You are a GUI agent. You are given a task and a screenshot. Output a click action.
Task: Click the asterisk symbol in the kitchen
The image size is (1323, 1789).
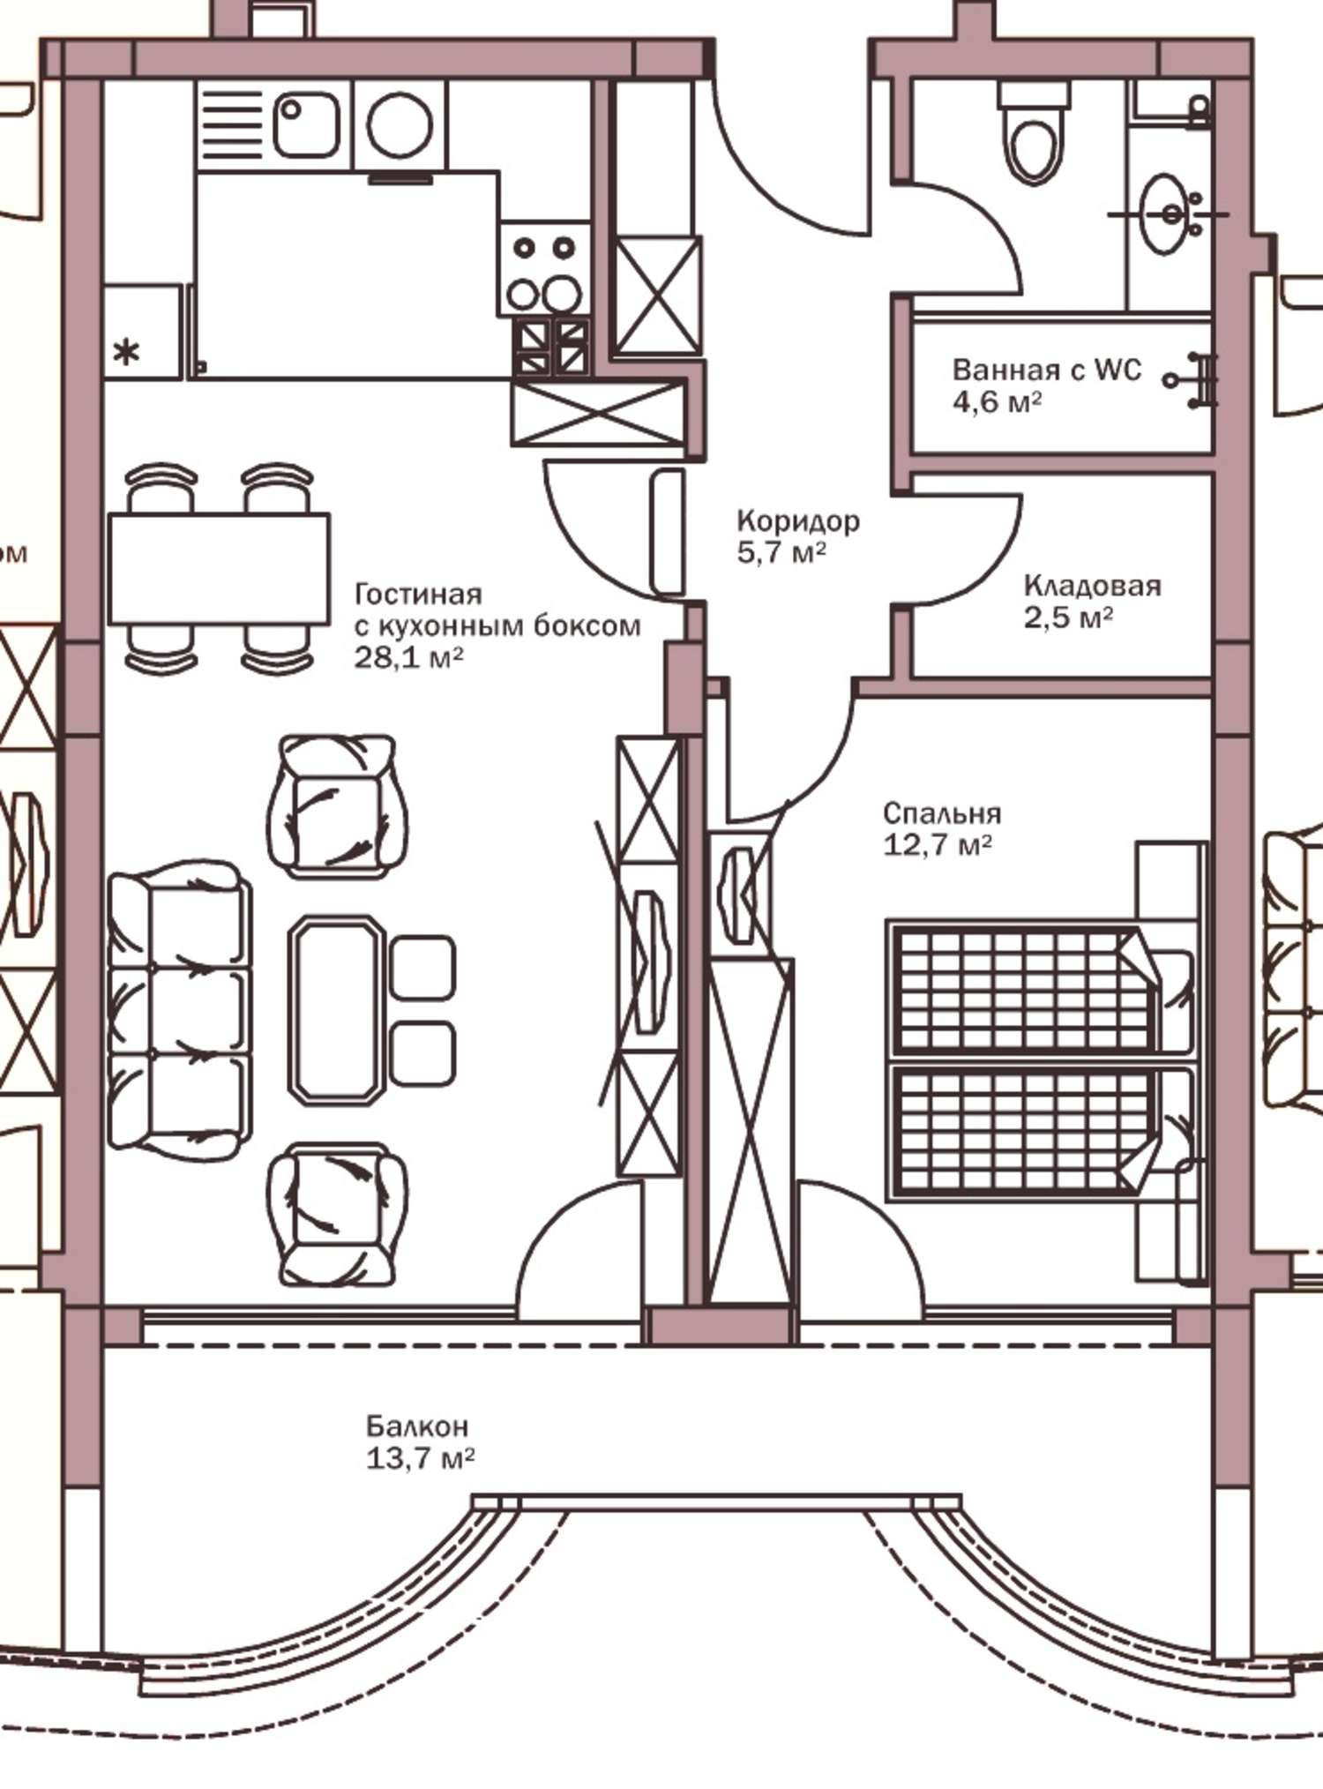[x=127, y=353]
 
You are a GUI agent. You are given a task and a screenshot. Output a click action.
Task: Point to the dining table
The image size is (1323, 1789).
[x=219, y=569]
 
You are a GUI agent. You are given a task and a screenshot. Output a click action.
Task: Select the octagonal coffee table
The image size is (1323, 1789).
[x=337, y=1010]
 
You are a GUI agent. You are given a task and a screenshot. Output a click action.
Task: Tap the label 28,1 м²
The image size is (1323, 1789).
[x=408, y=657]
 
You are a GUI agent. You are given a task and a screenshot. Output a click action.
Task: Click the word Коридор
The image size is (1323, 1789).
[x=798, y=521]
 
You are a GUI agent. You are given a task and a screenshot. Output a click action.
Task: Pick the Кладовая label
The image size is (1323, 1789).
[x=1092, y=586]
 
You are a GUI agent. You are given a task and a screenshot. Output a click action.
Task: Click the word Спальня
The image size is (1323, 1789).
[x=942, y=813]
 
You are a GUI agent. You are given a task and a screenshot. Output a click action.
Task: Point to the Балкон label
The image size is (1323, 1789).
[x=417, y=1426]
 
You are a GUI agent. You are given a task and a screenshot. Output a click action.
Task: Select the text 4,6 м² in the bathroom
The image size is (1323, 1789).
[x=997, y=401]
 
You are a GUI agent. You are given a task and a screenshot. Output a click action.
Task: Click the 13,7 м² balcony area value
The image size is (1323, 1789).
[x=420, y=1458]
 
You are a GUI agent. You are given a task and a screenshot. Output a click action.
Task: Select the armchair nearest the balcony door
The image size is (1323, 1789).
[x=338, y=1214]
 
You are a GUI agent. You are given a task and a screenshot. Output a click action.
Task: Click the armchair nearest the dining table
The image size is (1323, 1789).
[x=338, y=805]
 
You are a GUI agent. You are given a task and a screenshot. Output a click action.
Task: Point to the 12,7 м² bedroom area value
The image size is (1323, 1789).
[x=938, y=845]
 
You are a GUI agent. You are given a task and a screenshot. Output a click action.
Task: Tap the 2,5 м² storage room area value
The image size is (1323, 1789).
[x=1068, y=618]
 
